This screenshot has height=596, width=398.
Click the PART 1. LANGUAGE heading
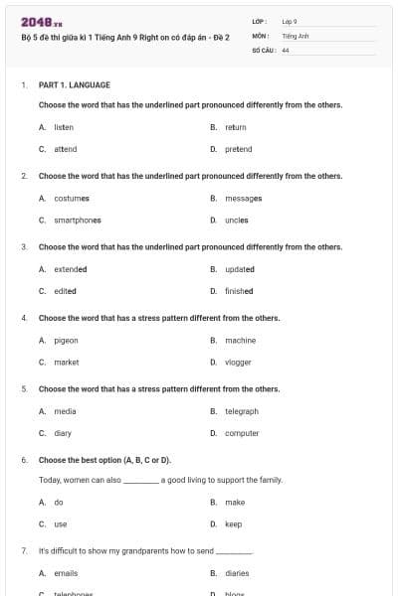pyautogui.click(x=75, y=85)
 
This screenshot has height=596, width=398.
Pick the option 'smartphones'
pyautogui.click(x=78, y=220)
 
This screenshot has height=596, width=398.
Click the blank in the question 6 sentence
pyautogui.click(x=140, y=481)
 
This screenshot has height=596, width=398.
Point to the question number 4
pyautogui.click(x=23, y=318)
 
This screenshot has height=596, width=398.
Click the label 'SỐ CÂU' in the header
pyautogui.click(x=263, y=49)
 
